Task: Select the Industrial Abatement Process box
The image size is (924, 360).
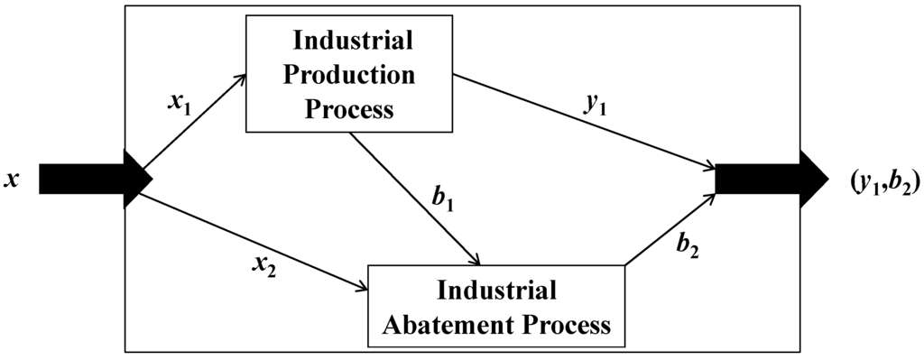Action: pyautogui.click(x=496, y=307)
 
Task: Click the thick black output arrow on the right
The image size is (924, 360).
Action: pyautogui.click(x=772, y=180)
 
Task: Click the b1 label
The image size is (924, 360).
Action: pyautogui.click(x=441, y=199)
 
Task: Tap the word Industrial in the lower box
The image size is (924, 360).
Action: pyautogui.click(x=495, y=291)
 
